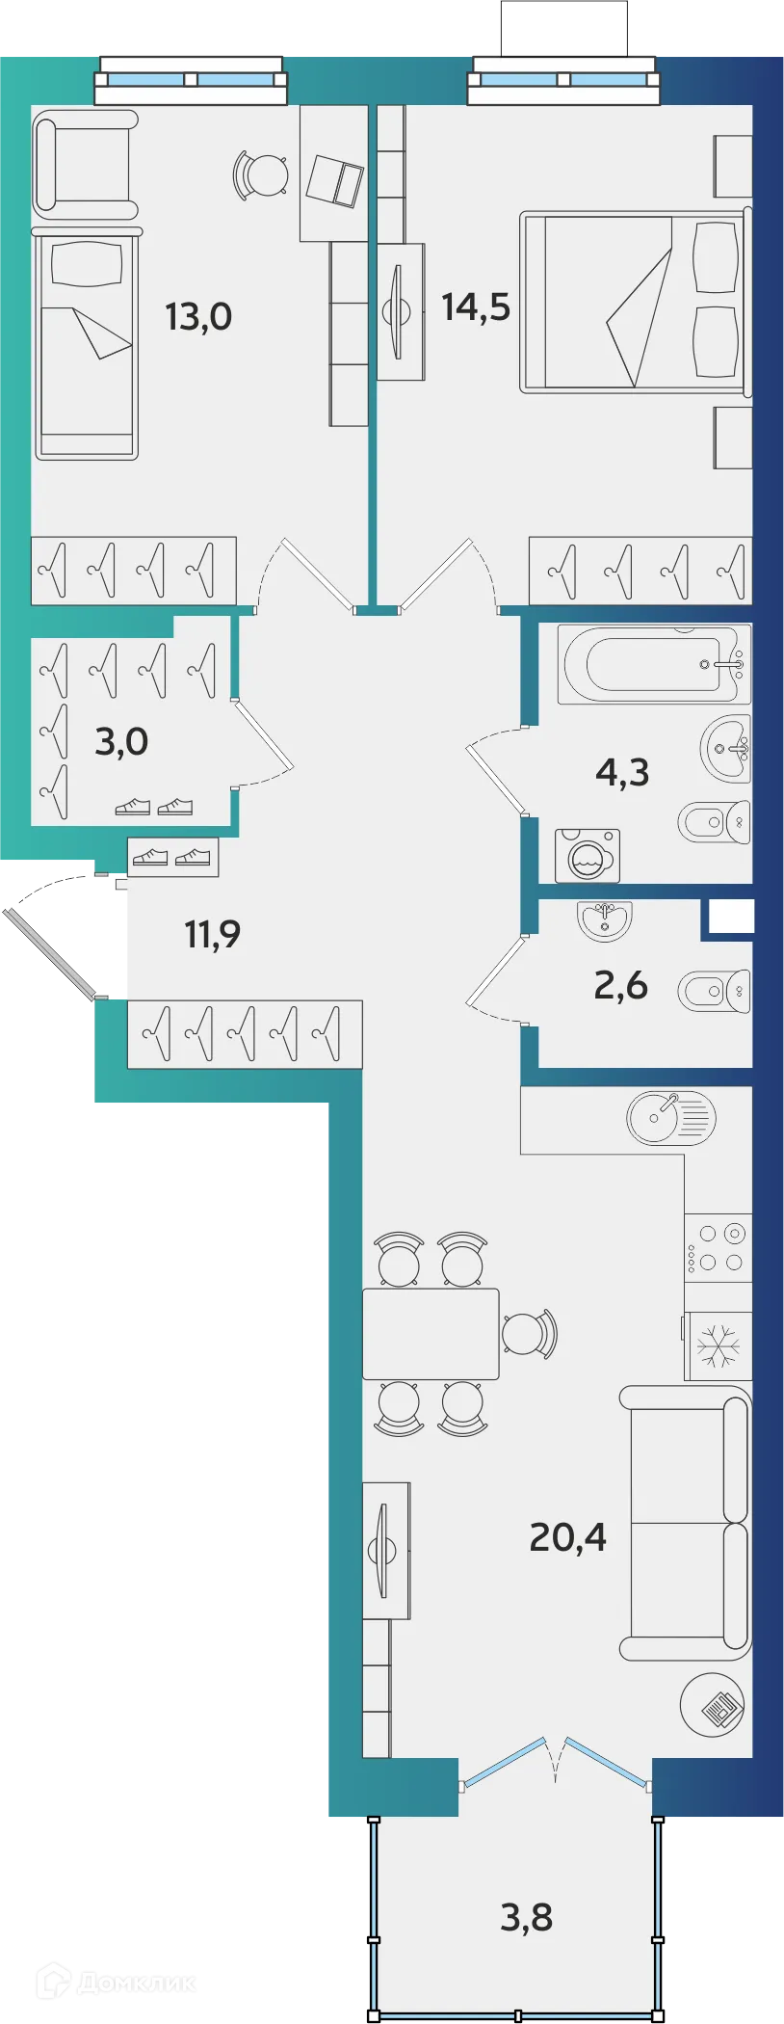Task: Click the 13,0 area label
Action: [x=198, y=316]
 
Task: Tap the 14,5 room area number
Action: [x=476, y=306]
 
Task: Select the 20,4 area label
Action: [x=567, y=1536]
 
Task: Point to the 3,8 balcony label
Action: [x=526, y=1917]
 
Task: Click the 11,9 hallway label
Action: [x=212, y=933]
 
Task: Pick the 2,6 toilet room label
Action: [x=620, y=985]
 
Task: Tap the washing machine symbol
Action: [x=588, y=856]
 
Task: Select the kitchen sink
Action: [x=671, y=1118]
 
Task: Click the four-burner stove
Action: [x=719, y=1247]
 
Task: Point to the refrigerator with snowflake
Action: [x=719, y=1345]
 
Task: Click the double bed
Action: [x=633, y=303]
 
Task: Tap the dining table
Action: [x=431, y=1334]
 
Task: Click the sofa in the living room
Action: [x=686, y=1523]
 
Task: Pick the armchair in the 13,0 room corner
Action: [x=85, y=161]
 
